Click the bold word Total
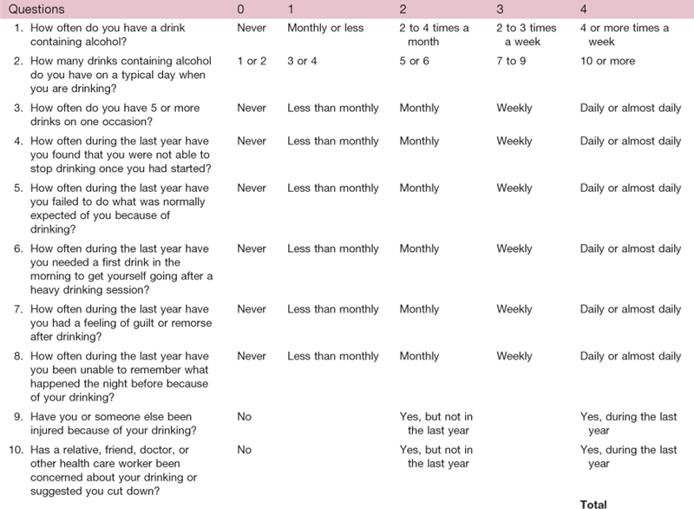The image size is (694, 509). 594,503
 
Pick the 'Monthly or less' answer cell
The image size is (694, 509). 325,28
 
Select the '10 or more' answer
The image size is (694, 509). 607,62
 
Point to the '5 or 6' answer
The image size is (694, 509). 415,62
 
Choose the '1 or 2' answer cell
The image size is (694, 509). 252,62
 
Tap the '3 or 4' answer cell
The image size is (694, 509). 302,62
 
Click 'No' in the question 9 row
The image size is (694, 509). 244,416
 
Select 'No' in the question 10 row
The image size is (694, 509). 244,450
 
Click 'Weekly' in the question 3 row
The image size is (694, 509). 514,109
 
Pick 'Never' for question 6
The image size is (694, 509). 252,249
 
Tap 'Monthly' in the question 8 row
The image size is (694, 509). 419,356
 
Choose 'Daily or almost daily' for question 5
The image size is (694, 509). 630,188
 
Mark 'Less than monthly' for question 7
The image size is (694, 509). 333,309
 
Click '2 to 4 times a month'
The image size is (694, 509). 434,34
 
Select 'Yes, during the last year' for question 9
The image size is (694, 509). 628,422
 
